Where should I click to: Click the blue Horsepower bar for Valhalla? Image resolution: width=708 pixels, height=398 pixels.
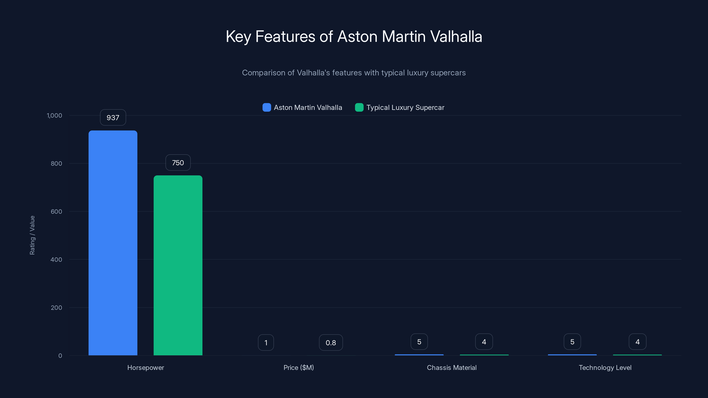pos(113,243)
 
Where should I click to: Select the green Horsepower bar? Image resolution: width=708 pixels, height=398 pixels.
pos(178,265)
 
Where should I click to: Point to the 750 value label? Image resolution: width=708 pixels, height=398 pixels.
pos(178,163)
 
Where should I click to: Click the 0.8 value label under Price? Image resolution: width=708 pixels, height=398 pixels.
pos(331,343)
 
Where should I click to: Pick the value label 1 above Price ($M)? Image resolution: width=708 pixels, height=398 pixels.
pos(266,343)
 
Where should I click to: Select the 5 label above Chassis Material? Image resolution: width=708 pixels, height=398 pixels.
pos(419,342)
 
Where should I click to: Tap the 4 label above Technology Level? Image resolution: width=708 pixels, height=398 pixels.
pos(637,342)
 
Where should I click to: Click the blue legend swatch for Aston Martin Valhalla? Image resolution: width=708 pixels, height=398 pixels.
pos(267,107)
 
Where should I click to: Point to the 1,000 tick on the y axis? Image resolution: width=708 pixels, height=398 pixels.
pos(54,115)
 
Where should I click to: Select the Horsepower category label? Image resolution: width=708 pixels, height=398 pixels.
pos(146,367)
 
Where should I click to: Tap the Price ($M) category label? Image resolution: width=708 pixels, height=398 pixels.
pos(298,367)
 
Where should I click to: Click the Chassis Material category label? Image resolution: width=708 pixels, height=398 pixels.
pos(452,367)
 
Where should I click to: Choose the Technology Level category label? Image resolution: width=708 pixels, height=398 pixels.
pos(605,367)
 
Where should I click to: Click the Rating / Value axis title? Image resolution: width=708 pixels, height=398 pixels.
pos(32,235)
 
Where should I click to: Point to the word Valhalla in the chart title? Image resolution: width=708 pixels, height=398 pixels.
pos(456,36)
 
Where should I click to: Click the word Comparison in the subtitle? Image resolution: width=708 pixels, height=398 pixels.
pos(263,73)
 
